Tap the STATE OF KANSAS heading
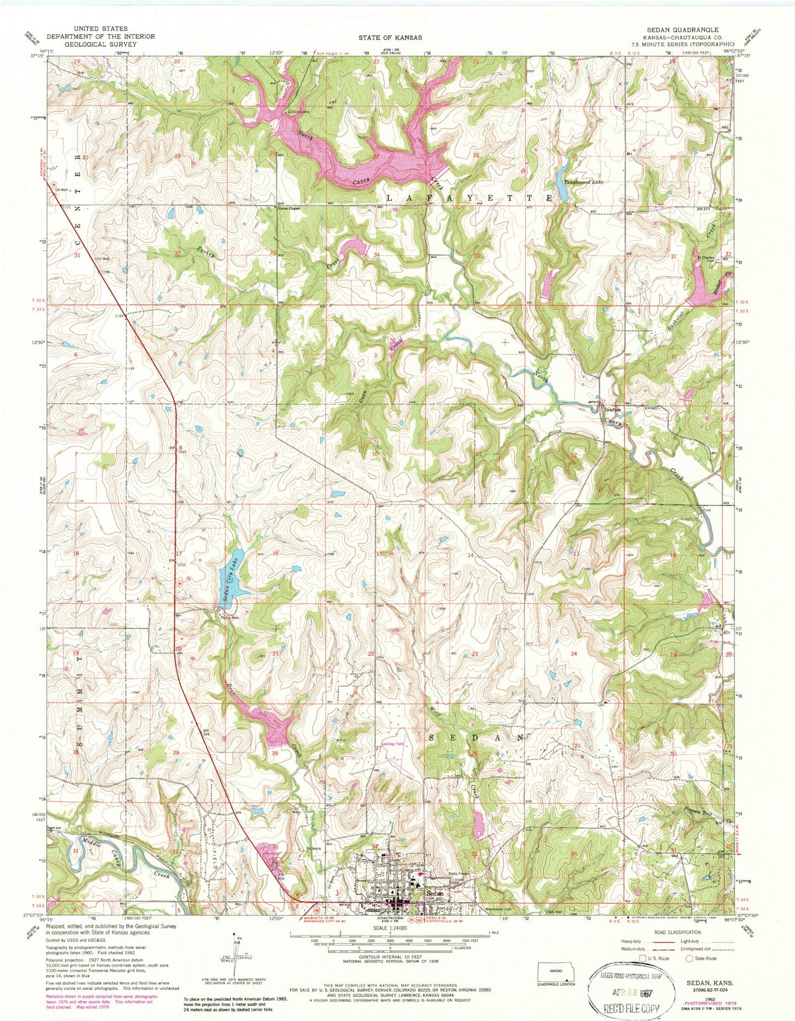(x=390, y=37)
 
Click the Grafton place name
(x=612, y=409)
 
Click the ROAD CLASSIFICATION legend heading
(x=677, y=932)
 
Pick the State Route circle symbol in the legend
(x=690, y=958)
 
